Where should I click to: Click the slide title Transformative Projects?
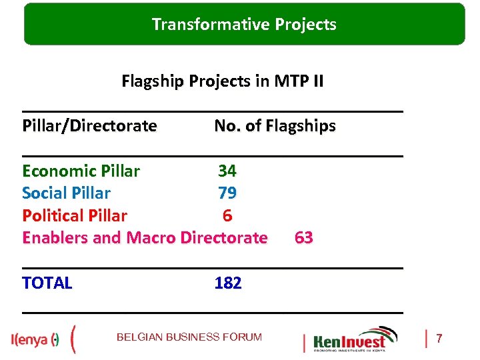pos(244,25)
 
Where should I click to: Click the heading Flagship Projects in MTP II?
pos(223,81)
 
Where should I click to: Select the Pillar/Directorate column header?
pos(89,125)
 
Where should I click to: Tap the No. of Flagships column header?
pos(275,125)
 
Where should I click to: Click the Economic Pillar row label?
pos(81,171)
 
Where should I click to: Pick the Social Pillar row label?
pos(66,193)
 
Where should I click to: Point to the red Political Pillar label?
pos(74,215)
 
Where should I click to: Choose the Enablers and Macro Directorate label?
pos(145,237)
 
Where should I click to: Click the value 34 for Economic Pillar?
pos(227,171)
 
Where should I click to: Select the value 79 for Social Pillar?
pos(227,193)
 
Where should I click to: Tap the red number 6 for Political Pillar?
pos(227,215)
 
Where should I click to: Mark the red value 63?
pos(303,237)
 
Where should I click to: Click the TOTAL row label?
pos(47,283)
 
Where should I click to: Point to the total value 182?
pos(228,283)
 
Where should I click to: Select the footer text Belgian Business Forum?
pos(189,337)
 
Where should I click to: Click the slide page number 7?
pos(439,339)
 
